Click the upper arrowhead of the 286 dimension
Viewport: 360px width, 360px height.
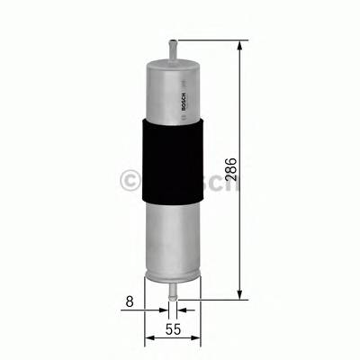240,47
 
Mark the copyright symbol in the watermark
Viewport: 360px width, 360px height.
129,182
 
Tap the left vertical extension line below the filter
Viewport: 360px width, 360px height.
145,324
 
